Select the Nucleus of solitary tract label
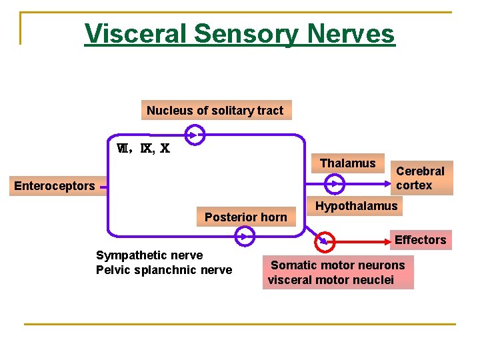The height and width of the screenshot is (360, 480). click(215, 111)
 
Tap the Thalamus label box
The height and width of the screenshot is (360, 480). click(347, 163)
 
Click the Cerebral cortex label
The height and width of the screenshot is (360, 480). click(420, 178)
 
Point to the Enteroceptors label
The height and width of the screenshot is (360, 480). click(54, 186)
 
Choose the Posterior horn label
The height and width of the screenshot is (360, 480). click(245, 217)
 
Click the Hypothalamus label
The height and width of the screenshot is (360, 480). click(356, 206)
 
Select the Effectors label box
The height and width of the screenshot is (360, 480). click(420, 239)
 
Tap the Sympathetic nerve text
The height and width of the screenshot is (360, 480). click(149, 255)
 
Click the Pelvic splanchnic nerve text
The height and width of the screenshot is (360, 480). click(164, 270)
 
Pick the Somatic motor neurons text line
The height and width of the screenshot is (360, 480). click(338, 265)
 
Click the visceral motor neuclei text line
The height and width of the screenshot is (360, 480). click(331, 280)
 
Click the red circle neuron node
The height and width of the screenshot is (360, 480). click(325, 239)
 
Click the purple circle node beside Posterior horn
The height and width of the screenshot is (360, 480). click(245, 235)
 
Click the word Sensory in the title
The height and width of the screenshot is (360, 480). click(243, 33)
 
